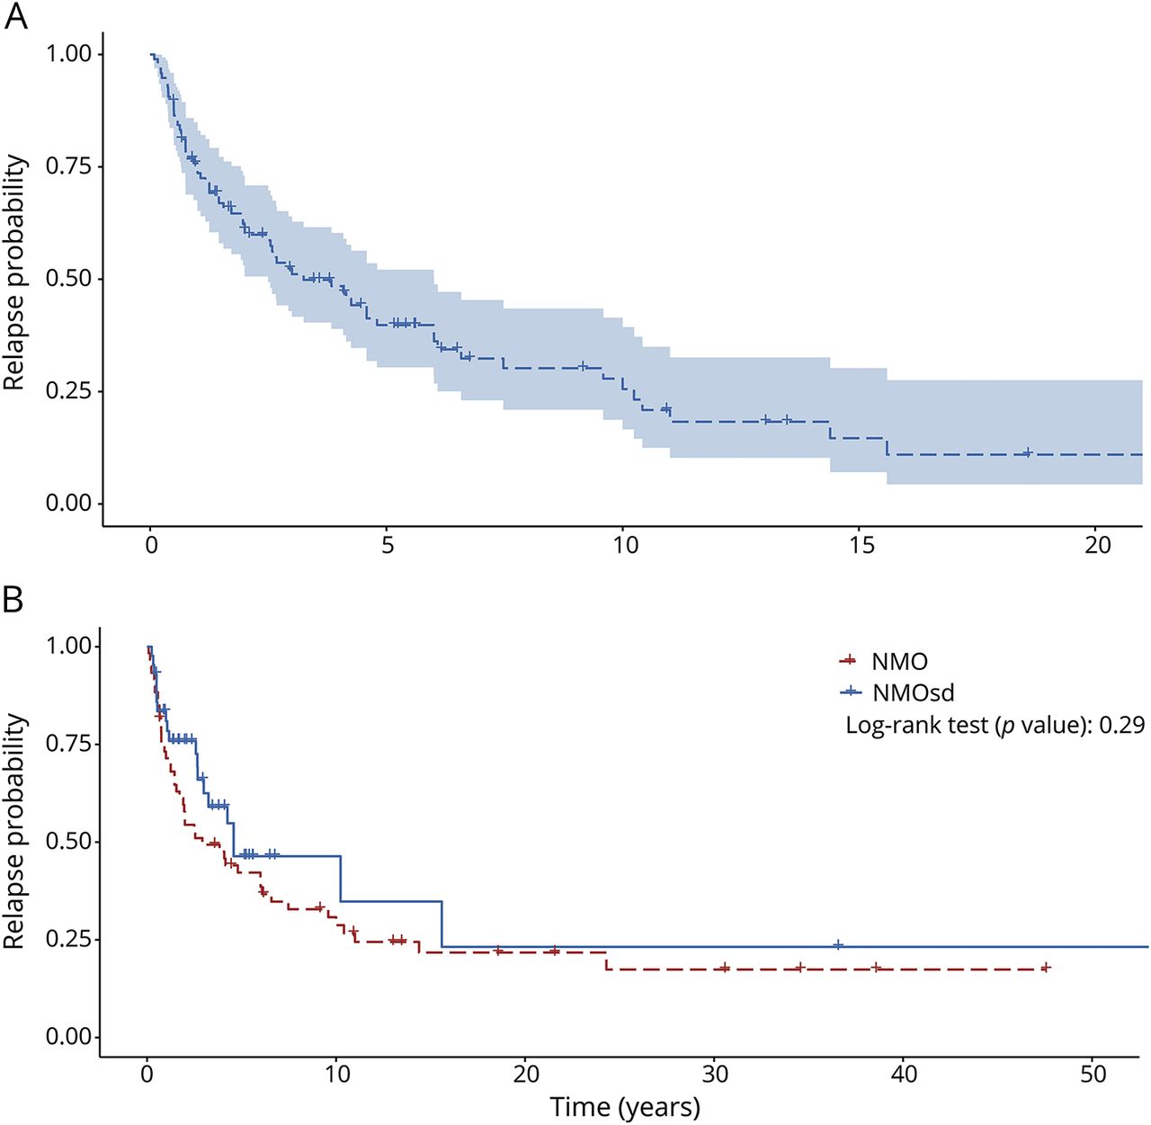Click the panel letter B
tap(13, 598)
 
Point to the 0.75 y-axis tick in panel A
tap(70, 166)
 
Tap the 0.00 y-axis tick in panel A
tap(70, 504)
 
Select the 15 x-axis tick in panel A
tap(861, 546)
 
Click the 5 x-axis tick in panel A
tap(388, 546)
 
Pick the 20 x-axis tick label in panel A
tap(1098, 546)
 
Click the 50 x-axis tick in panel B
tap(1093, 1074)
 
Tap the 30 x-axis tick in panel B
tap(715, 1074)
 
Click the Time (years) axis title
tap(625, 1107)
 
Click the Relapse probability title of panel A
tap(15, 272)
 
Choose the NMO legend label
tap(899, 662)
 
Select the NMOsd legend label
tap(913, 692)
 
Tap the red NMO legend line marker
tap(848, 661)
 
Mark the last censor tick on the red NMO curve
tap(1046, 968)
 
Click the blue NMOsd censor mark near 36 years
tap(838, 945)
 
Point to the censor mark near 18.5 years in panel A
tap(1028, 452)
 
